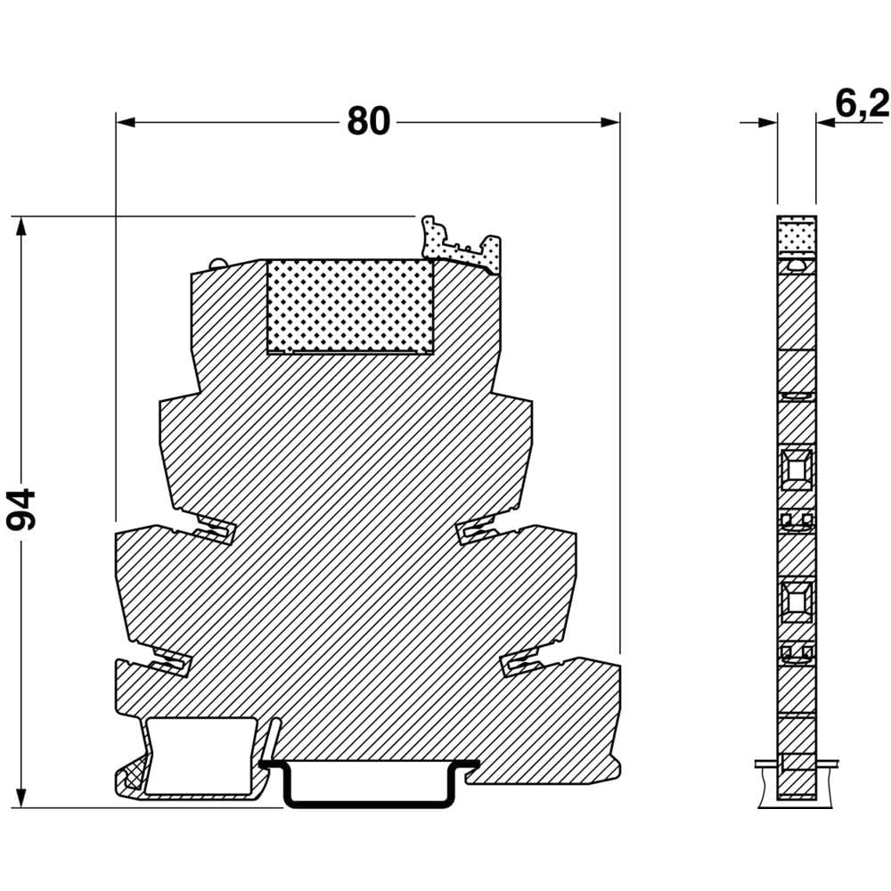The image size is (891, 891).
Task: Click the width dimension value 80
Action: (369, 121)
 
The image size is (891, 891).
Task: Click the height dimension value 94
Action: (21, 509)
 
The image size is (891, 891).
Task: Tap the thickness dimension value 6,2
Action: (862, 104)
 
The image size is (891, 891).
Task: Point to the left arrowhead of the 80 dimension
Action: (126, 122)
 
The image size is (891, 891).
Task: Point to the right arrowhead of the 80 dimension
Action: (610, 122)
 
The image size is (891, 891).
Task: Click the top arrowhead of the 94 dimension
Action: (21, 226)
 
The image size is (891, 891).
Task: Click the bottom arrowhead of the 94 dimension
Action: (21, 797)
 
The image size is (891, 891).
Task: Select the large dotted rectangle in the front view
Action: (350, 307)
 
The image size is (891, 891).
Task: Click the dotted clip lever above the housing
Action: (462, 245)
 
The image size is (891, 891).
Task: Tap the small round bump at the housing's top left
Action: (218, 264)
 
